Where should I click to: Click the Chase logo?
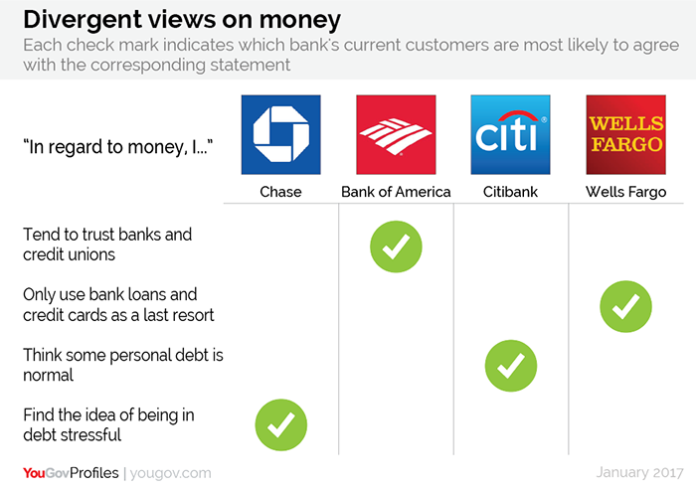point(281,134)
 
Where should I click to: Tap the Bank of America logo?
point(396,134)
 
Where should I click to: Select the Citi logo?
point(510,134)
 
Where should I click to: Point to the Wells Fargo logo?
point(625,134)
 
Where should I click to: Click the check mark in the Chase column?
point(281,424)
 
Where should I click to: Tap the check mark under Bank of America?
point(396,246)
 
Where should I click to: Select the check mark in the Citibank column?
point(511,366)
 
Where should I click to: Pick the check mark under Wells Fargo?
point(625,306)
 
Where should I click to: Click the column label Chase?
point(280,192)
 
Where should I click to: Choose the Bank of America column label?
point(396,192)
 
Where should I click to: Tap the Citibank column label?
point(510,192)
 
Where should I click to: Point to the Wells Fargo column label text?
point(625,192)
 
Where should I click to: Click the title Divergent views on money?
point(182,21)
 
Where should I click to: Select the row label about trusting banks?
point(107,245)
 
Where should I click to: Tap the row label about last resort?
point(118,304)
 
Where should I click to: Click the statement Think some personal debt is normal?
point(123,365)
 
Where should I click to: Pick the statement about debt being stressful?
point(108,424)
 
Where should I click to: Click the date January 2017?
point(639,473)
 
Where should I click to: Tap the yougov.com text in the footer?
point(170,473)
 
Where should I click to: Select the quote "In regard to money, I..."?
point(118,147)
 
